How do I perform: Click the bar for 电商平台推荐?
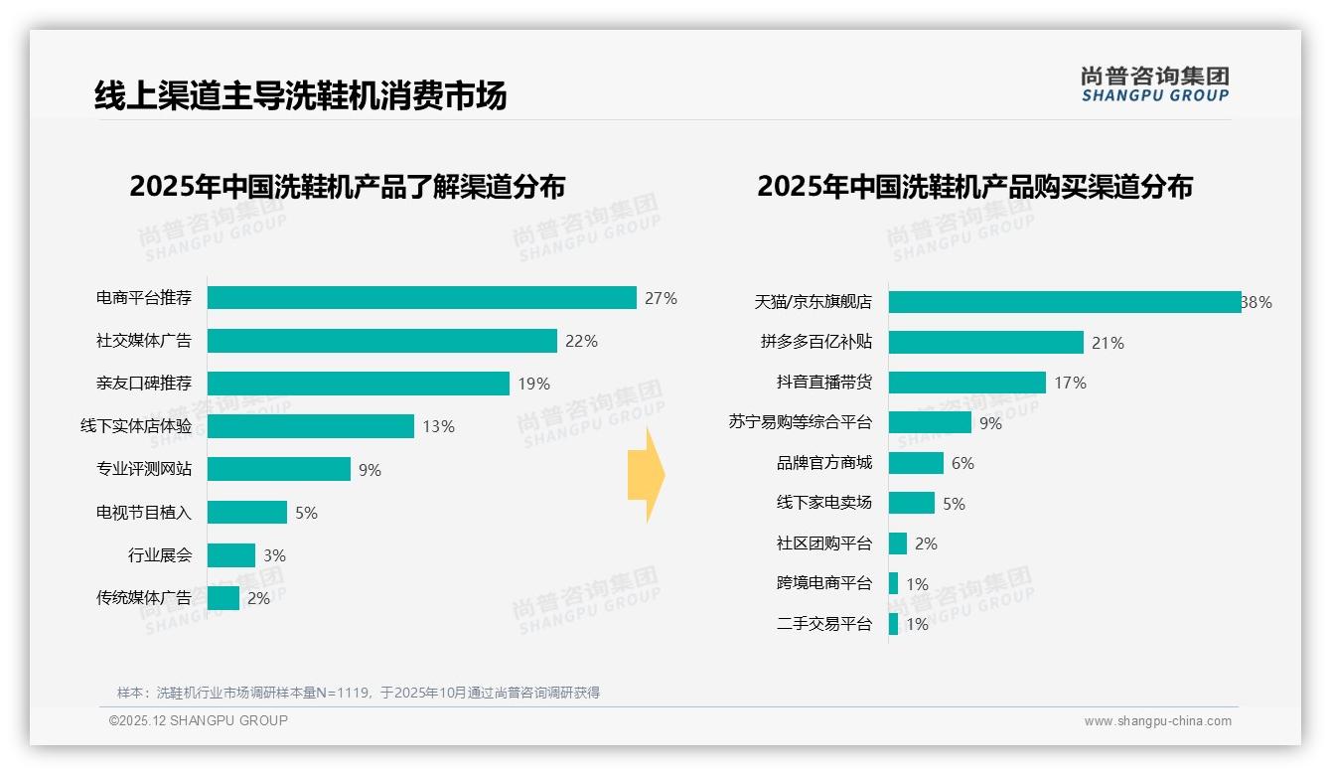coord(421,298)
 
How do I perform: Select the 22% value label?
coord(581,341)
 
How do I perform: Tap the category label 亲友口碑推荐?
coord(143,384)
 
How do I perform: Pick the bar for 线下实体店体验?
coord(310,426)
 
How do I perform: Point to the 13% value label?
coord(438,426)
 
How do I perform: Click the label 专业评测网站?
coord(143,469)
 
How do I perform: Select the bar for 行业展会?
coord(230,555)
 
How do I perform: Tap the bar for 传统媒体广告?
coord(223,598)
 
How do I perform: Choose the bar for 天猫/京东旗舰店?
coord(1064,302)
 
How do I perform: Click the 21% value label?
coord(1108,343)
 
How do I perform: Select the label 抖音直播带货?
coord(823,383)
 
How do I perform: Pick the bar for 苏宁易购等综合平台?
coord(930,422)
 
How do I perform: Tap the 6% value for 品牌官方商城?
coord(962,463)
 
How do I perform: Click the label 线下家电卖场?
coord(823,503)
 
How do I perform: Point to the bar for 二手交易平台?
coord(893,624)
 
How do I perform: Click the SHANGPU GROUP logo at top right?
coord(1154,84)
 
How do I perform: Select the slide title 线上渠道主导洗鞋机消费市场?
coord(300,95)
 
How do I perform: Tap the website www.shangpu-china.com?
coord(1157,721)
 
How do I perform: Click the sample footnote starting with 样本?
coord(358,693)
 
